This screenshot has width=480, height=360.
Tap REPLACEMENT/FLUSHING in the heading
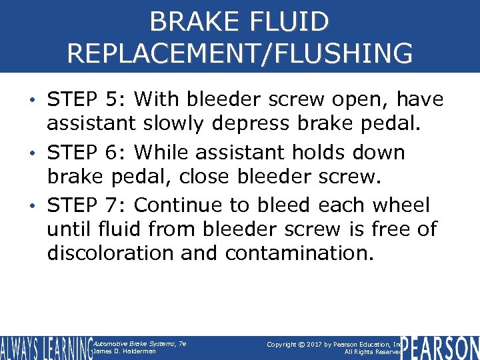[x=239, y=53]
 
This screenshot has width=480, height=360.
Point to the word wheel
[x=403, y=205]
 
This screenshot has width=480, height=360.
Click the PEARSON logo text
[x=441, y=348]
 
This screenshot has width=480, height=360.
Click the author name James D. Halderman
[x=125, y=351]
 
